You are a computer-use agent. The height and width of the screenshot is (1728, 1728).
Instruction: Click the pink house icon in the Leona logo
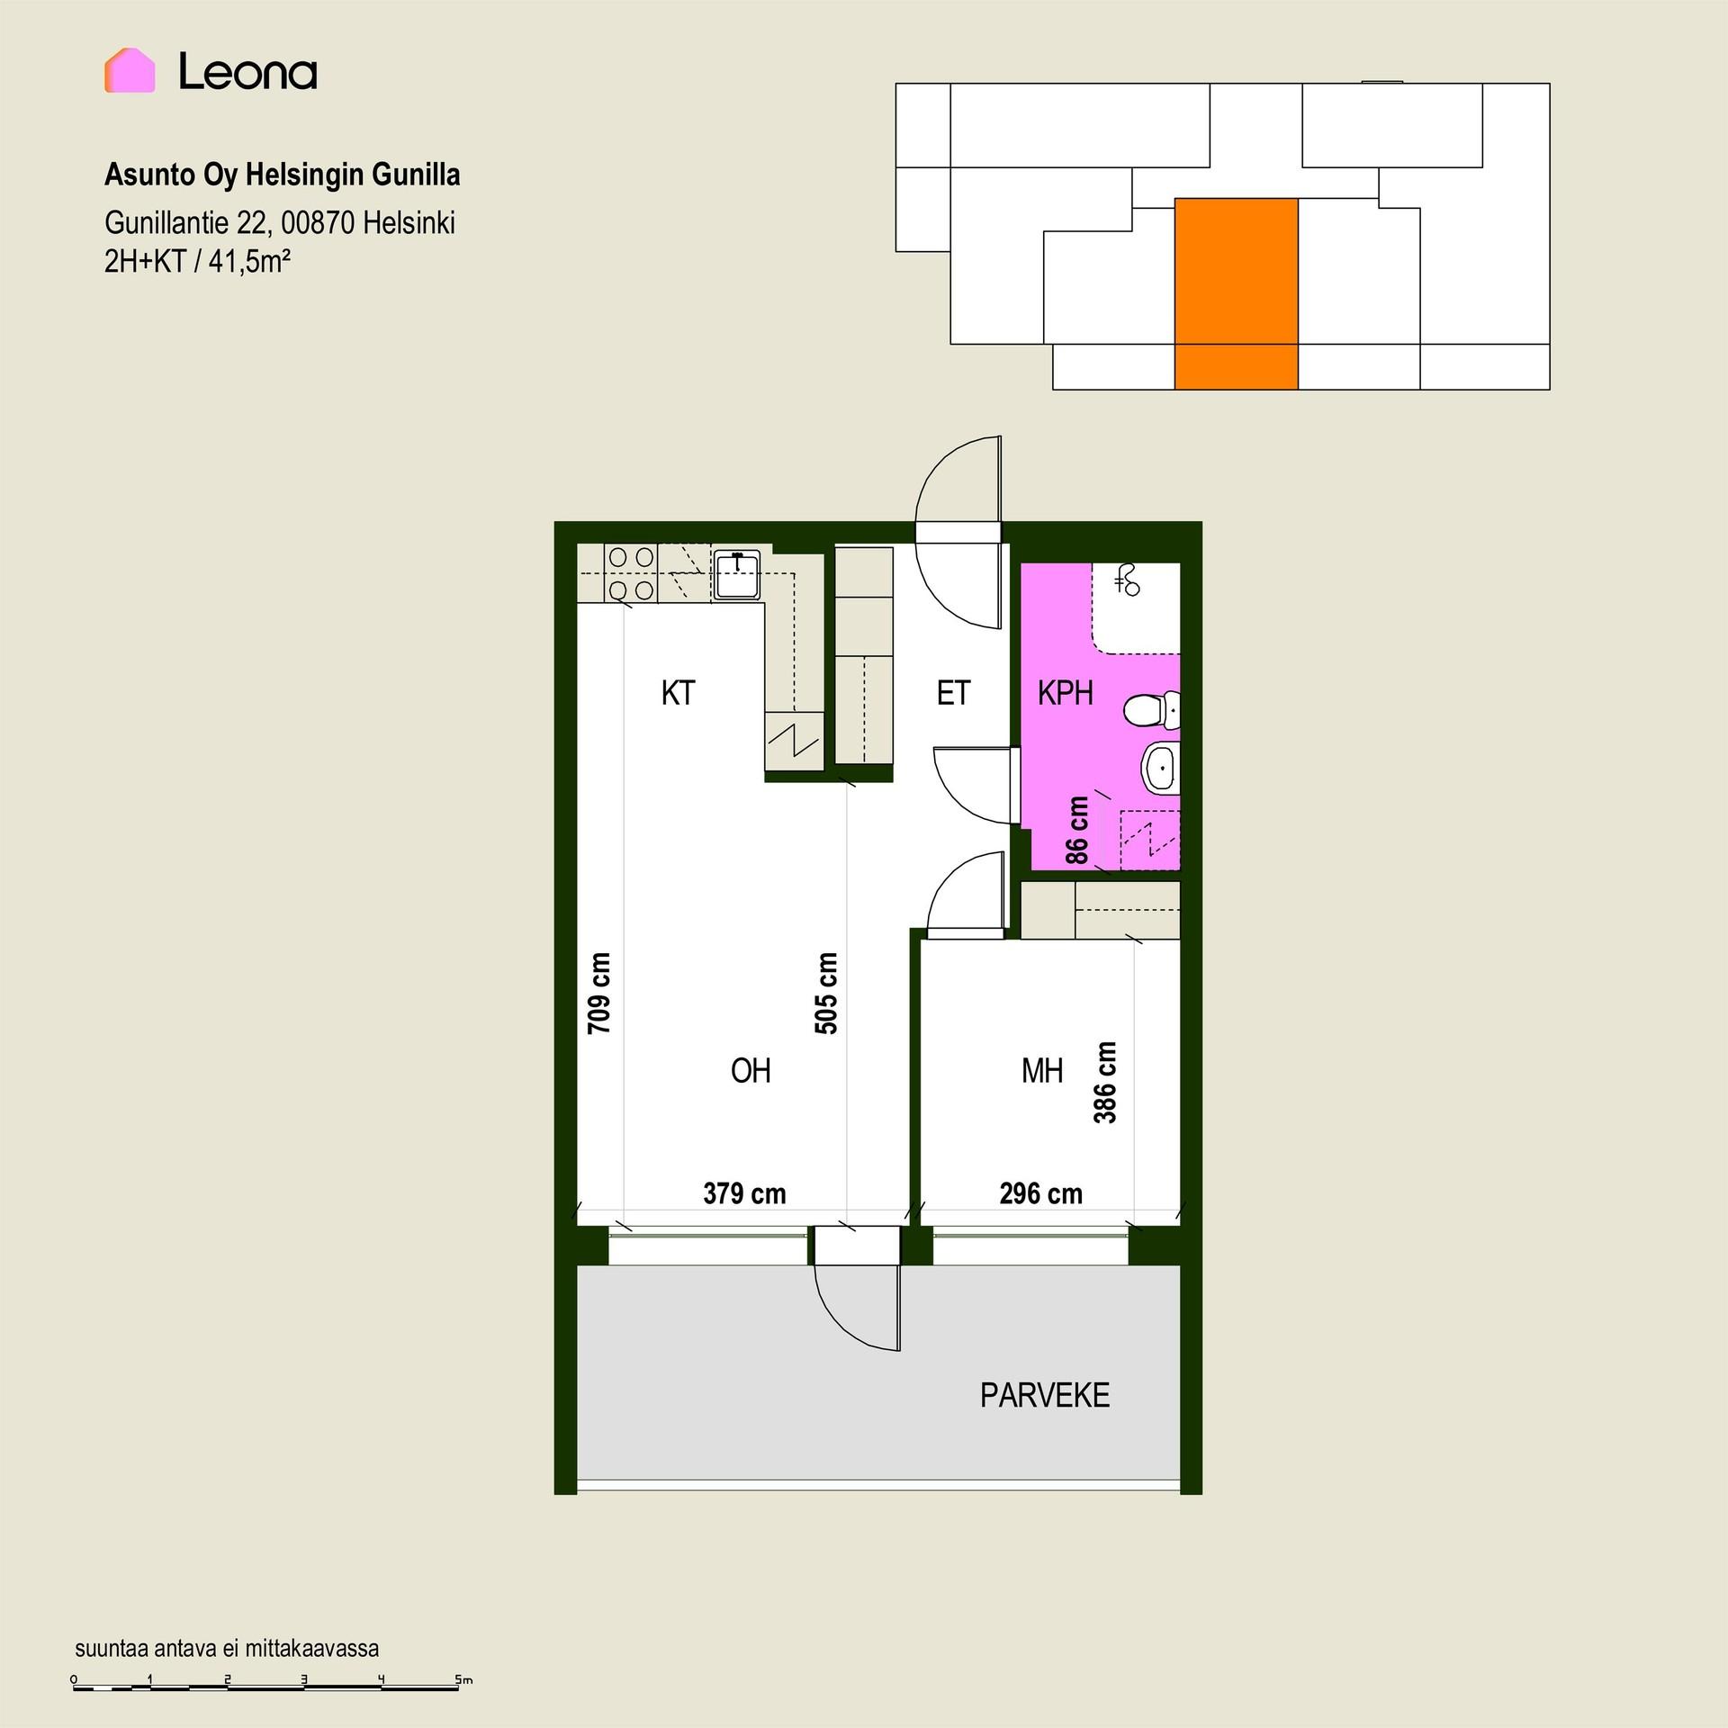click(130, 70)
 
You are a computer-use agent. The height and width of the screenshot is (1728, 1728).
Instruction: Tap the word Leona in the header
click(247, 71)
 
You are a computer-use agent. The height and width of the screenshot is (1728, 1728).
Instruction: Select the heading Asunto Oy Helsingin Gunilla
click(283, 175)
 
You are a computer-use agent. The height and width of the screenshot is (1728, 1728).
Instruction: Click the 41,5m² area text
click(249, 261)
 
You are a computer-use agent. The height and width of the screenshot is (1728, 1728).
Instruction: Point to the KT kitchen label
click(678, 693)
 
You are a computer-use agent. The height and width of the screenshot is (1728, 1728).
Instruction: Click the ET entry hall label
click(953, 693)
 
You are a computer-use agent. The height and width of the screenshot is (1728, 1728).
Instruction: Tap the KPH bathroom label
click(1066, 693)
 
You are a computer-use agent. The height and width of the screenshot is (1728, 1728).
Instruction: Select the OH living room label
click(751, 1070)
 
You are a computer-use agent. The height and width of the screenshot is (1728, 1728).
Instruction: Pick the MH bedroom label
click(1042, 1070)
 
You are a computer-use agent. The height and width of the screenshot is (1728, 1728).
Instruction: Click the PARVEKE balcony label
click(1045, 1395)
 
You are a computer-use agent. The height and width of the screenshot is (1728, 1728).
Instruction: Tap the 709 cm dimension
click(599, 993)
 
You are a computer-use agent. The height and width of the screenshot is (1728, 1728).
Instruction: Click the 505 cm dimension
click(826, 993)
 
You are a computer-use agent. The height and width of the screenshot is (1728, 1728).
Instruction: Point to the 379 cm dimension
click(744, 1193)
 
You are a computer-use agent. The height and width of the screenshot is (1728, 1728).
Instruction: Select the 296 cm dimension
click(1040, 1193)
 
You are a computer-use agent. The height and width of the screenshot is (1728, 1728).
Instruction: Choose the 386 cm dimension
click(1105, 1083)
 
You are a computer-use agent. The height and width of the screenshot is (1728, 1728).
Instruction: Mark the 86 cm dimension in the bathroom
click(1077, 830)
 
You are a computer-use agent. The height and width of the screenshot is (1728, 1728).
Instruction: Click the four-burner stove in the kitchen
click(631, 574)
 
